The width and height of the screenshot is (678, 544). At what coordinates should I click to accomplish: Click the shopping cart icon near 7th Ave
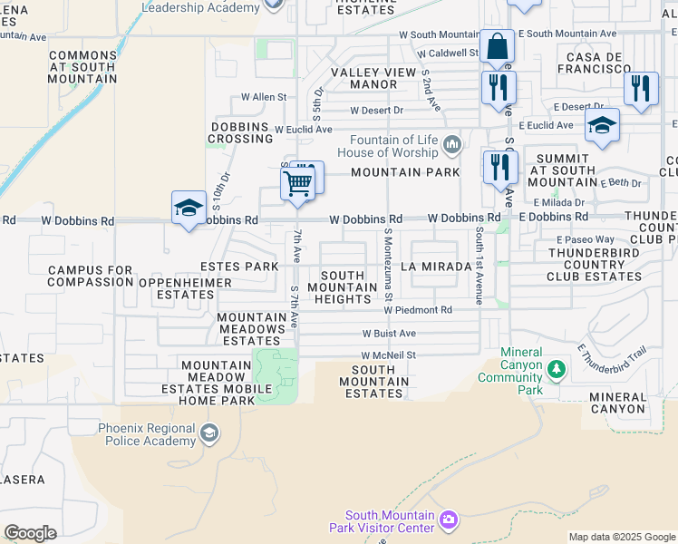(297, 184)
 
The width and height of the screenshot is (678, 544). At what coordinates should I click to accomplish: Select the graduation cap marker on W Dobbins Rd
(189, 208)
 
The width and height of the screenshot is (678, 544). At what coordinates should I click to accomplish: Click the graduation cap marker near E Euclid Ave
(602, 125)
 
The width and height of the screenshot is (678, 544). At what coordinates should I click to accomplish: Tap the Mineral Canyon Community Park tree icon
(556, 370)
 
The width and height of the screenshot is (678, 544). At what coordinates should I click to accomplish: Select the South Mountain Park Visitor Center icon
(448, 520)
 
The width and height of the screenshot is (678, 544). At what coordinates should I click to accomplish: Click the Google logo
(30, 532)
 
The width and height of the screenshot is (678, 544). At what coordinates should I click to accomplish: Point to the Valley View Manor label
(364, 78)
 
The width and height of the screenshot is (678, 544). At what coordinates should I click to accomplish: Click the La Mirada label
(436, 267)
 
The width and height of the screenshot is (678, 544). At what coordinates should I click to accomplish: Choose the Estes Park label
(239, 267)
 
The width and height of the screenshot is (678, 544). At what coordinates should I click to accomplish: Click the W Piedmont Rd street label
(420, 310)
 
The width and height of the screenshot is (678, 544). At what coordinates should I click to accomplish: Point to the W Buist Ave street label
(389, 334)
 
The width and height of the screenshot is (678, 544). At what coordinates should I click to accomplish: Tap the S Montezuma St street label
(388, 265)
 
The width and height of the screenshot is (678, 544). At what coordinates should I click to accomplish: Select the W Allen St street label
(263, 97)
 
